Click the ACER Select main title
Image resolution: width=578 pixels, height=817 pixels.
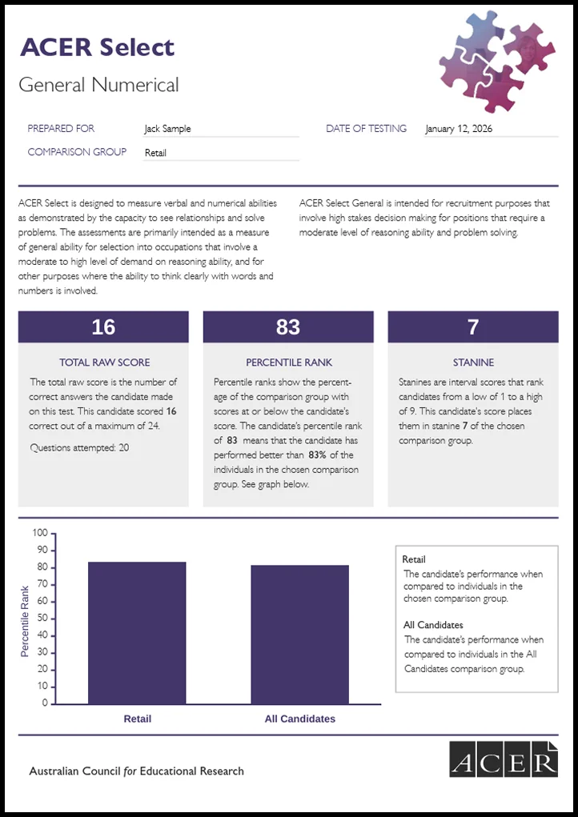97,47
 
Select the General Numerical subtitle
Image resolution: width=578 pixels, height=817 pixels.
98,85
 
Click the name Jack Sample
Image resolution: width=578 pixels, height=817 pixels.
167,129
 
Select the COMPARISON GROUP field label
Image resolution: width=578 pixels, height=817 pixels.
77,152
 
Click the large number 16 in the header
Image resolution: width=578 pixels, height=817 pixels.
103,326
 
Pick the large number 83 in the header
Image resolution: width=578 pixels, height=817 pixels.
288,326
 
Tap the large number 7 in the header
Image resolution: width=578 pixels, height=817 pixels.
473,326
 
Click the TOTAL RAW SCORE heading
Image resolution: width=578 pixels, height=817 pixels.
104,362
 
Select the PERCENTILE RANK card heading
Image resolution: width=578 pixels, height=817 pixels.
288,362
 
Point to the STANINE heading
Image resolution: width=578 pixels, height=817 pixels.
473,362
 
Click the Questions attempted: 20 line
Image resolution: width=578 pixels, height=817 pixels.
79,447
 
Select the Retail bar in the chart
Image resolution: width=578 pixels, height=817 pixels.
137,632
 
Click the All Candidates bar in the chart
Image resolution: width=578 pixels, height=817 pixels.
299,634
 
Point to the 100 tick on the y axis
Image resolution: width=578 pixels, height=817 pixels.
40,533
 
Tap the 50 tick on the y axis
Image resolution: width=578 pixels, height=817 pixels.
42,619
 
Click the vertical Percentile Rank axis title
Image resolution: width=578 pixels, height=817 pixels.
25,620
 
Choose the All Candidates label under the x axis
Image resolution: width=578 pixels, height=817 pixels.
300,719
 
